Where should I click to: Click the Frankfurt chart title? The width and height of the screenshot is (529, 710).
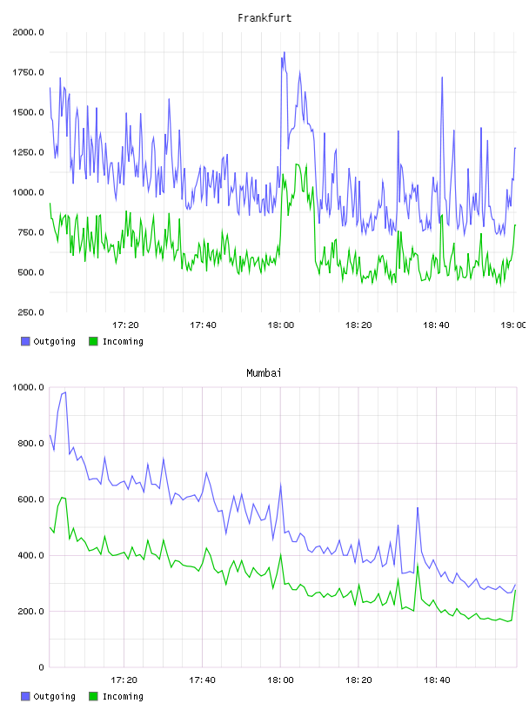[264, 18]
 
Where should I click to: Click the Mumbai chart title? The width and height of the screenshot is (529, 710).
[264, 373]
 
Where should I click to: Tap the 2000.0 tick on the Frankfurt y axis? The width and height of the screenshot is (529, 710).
[28, 32]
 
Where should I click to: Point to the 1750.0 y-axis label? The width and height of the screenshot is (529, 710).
[28, 72]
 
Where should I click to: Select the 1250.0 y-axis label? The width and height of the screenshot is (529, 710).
[28, 152]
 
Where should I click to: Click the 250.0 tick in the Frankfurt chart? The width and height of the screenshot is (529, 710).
[30, 312]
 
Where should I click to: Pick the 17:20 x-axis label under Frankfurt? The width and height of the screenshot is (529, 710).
[125, 325]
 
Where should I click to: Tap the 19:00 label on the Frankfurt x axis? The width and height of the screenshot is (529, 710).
[513, 325]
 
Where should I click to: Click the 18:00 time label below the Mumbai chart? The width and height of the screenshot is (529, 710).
[280, 680]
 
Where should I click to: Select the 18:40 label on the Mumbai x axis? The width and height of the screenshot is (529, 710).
[437, 680]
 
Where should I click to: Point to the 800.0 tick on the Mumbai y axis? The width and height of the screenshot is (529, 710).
[30, 443]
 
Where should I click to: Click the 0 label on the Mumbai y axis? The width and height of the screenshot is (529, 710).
[41, 667]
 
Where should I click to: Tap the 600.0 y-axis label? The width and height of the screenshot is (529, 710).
[30, 499]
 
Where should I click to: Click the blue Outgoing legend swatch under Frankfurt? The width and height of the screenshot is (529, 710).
[25, 341]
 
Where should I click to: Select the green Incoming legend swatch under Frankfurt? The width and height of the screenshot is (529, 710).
[93, 341]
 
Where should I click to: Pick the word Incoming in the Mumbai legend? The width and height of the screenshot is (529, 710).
[123, 697]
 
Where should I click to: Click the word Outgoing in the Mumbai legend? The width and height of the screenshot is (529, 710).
[54, 697]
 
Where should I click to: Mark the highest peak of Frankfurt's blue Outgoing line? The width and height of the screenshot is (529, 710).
[285, 52]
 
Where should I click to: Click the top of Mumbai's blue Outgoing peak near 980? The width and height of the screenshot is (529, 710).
[65, 392]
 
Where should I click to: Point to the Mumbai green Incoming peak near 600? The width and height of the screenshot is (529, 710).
[62, 497]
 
